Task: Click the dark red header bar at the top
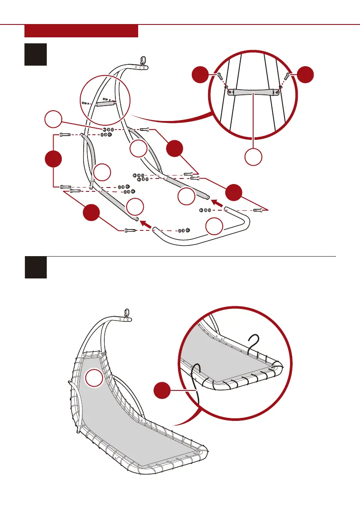[x=81, y=31]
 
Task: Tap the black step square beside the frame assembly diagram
[x=36, y=54]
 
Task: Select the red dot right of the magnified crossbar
[x=305, y=74]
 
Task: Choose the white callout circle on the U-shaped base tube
[x=215, y=226]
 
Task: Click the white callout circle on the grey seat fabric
[x=94, y=378]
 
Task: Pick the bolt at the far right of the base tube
[x=258, y=210]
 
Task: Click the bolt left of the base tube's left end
[x=130, y=230]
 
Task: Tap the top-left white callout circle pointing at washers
[x=54, y=120]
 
